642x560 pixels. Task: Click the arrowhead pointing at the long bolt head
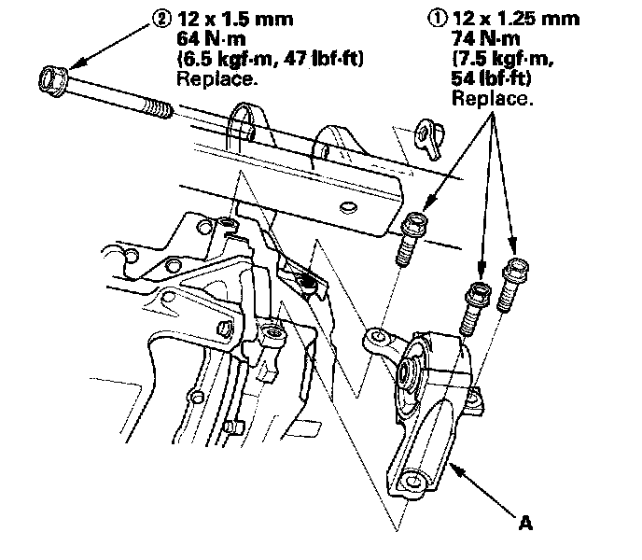point(75,64)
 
